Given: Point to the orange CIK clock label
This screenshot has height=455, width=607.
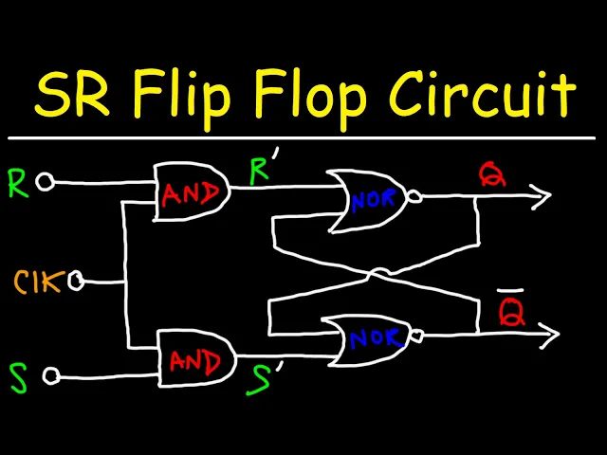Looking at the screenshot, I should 38,281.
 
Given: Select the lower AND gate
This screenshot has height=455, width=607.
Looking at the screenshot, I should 195,361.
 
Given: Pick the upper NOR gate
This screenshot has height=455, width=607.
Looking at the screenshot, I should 369,200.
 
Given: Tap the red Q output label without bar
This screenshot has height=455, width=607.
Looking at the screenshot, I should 492,173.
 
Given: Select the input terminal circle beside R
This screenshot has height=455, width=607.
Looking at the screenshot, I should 45,183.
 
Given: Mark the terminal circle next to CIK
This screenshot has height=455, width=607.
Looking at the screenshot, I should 77,281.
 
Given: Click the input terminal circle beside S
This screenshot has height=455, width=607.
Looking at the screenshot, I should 52,376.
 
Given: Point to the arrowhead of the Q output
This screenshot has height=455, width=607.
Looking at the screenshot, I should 543,197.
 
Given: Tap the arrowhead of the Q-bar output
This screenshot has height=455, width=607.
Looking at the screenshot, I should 549,334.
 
